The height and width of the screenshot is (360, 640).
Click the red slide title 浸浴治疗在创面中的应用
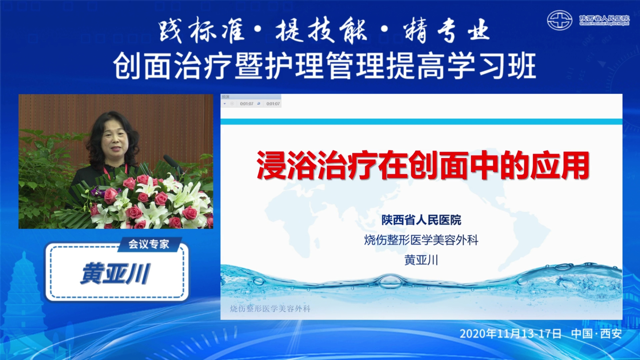point(422,166)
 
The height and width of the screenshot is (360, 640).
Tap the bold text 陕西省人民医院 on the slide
point(421,220)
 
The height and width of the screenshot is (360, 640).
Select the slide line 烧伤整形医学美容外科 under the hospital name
point(421,240)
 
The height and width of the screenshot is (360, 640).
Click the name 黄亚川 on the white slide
point(421,260)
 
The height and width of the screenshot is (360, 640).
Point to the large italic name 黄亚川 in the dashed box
point(115,273)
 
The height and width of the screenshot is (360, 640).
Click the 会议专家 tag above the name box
point(149,244)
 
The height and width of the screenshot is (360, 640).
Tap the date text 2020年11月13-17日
point(510,334)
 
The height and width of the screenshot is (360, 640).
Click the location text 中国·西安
point(596,334)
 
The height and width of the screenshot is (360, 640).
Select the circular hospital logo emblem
point(560,20)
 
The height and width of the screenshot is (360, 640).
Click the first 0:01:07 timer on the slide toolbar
point(247,104)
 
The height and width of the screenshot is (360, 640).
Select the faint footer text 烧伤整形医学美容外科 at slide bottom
point(270,309)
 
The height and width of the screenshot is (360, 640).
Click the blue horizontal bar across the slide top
point(421,122)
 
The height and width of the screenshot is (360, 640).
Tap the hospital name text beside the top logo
point(604,20)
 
